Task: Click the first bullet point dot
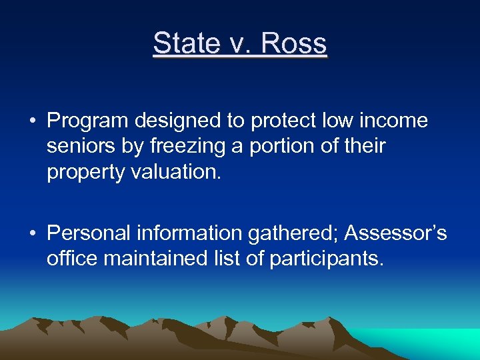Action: pos(32,121)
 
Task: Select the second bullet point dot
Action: pos(32,234)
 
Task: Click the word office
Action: pos(71,258)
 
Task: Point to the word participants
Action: pos(327,258)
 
